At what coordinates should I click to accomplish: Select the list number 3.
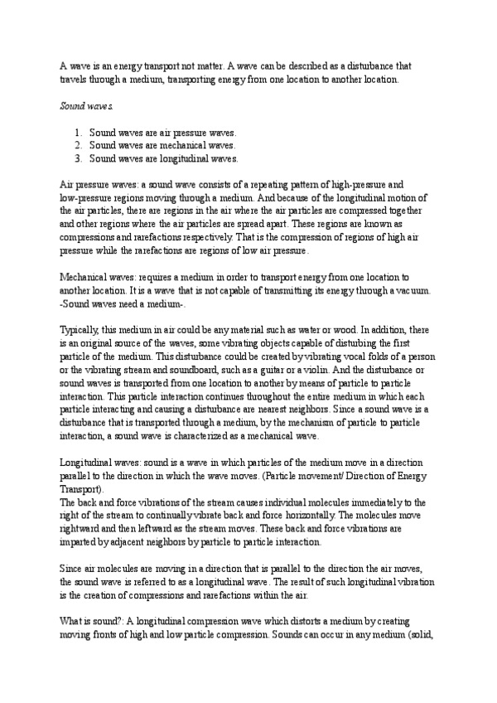tap(76, 158)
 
